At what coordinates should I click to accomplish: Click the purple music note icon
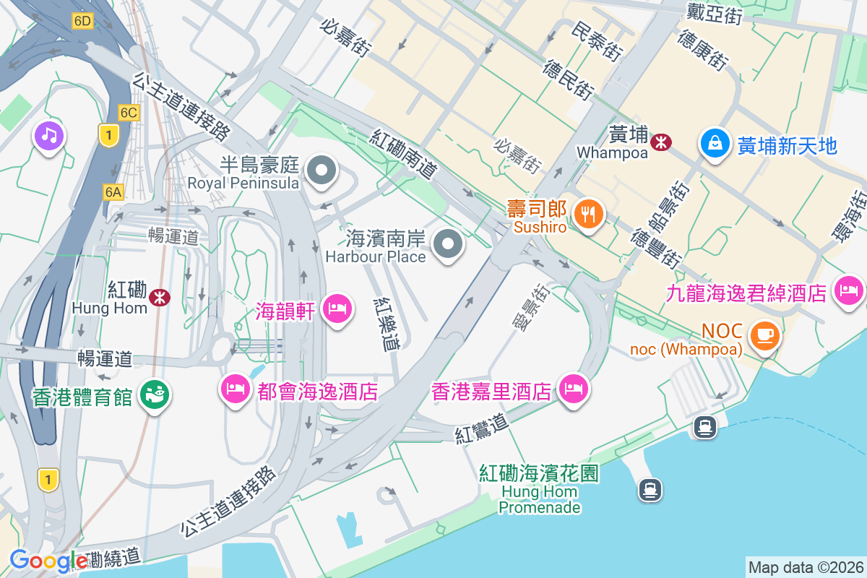click(48, 135)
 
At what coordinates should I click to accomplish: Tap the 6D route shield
click(82, 21)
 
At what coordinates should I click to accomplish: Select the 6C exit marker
click(129, 112)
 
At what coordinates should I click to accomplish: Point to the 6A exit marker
click(113, 191)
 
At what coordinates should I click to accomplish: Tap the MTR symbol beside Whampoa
click(660, 142)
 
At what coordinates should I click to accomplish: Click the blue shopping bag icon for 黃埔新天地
click(714, 143)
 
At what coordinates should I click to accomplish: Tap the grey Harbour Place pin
click(449, 244)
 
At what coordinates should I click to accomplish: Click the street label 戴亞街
click(714, 14)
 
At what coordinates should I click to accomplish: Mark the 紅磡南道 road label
click(405, 154)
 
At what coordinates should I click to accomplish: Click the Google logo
click(48, 561)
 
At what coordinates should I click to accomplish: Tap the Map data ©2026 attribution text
click(805, 567)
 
